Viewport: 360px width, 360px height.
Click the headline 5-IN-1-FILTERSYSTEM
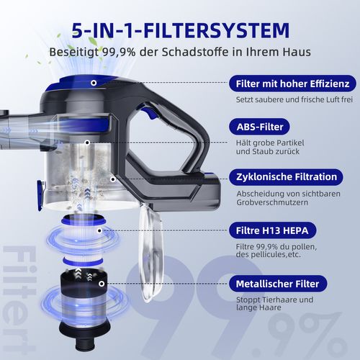[181, 30]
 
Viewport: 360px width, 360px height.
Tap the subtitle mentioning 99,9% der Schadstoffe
[180, 53]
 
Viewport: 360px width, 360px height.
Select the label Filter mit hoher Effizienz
[292, 83]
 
